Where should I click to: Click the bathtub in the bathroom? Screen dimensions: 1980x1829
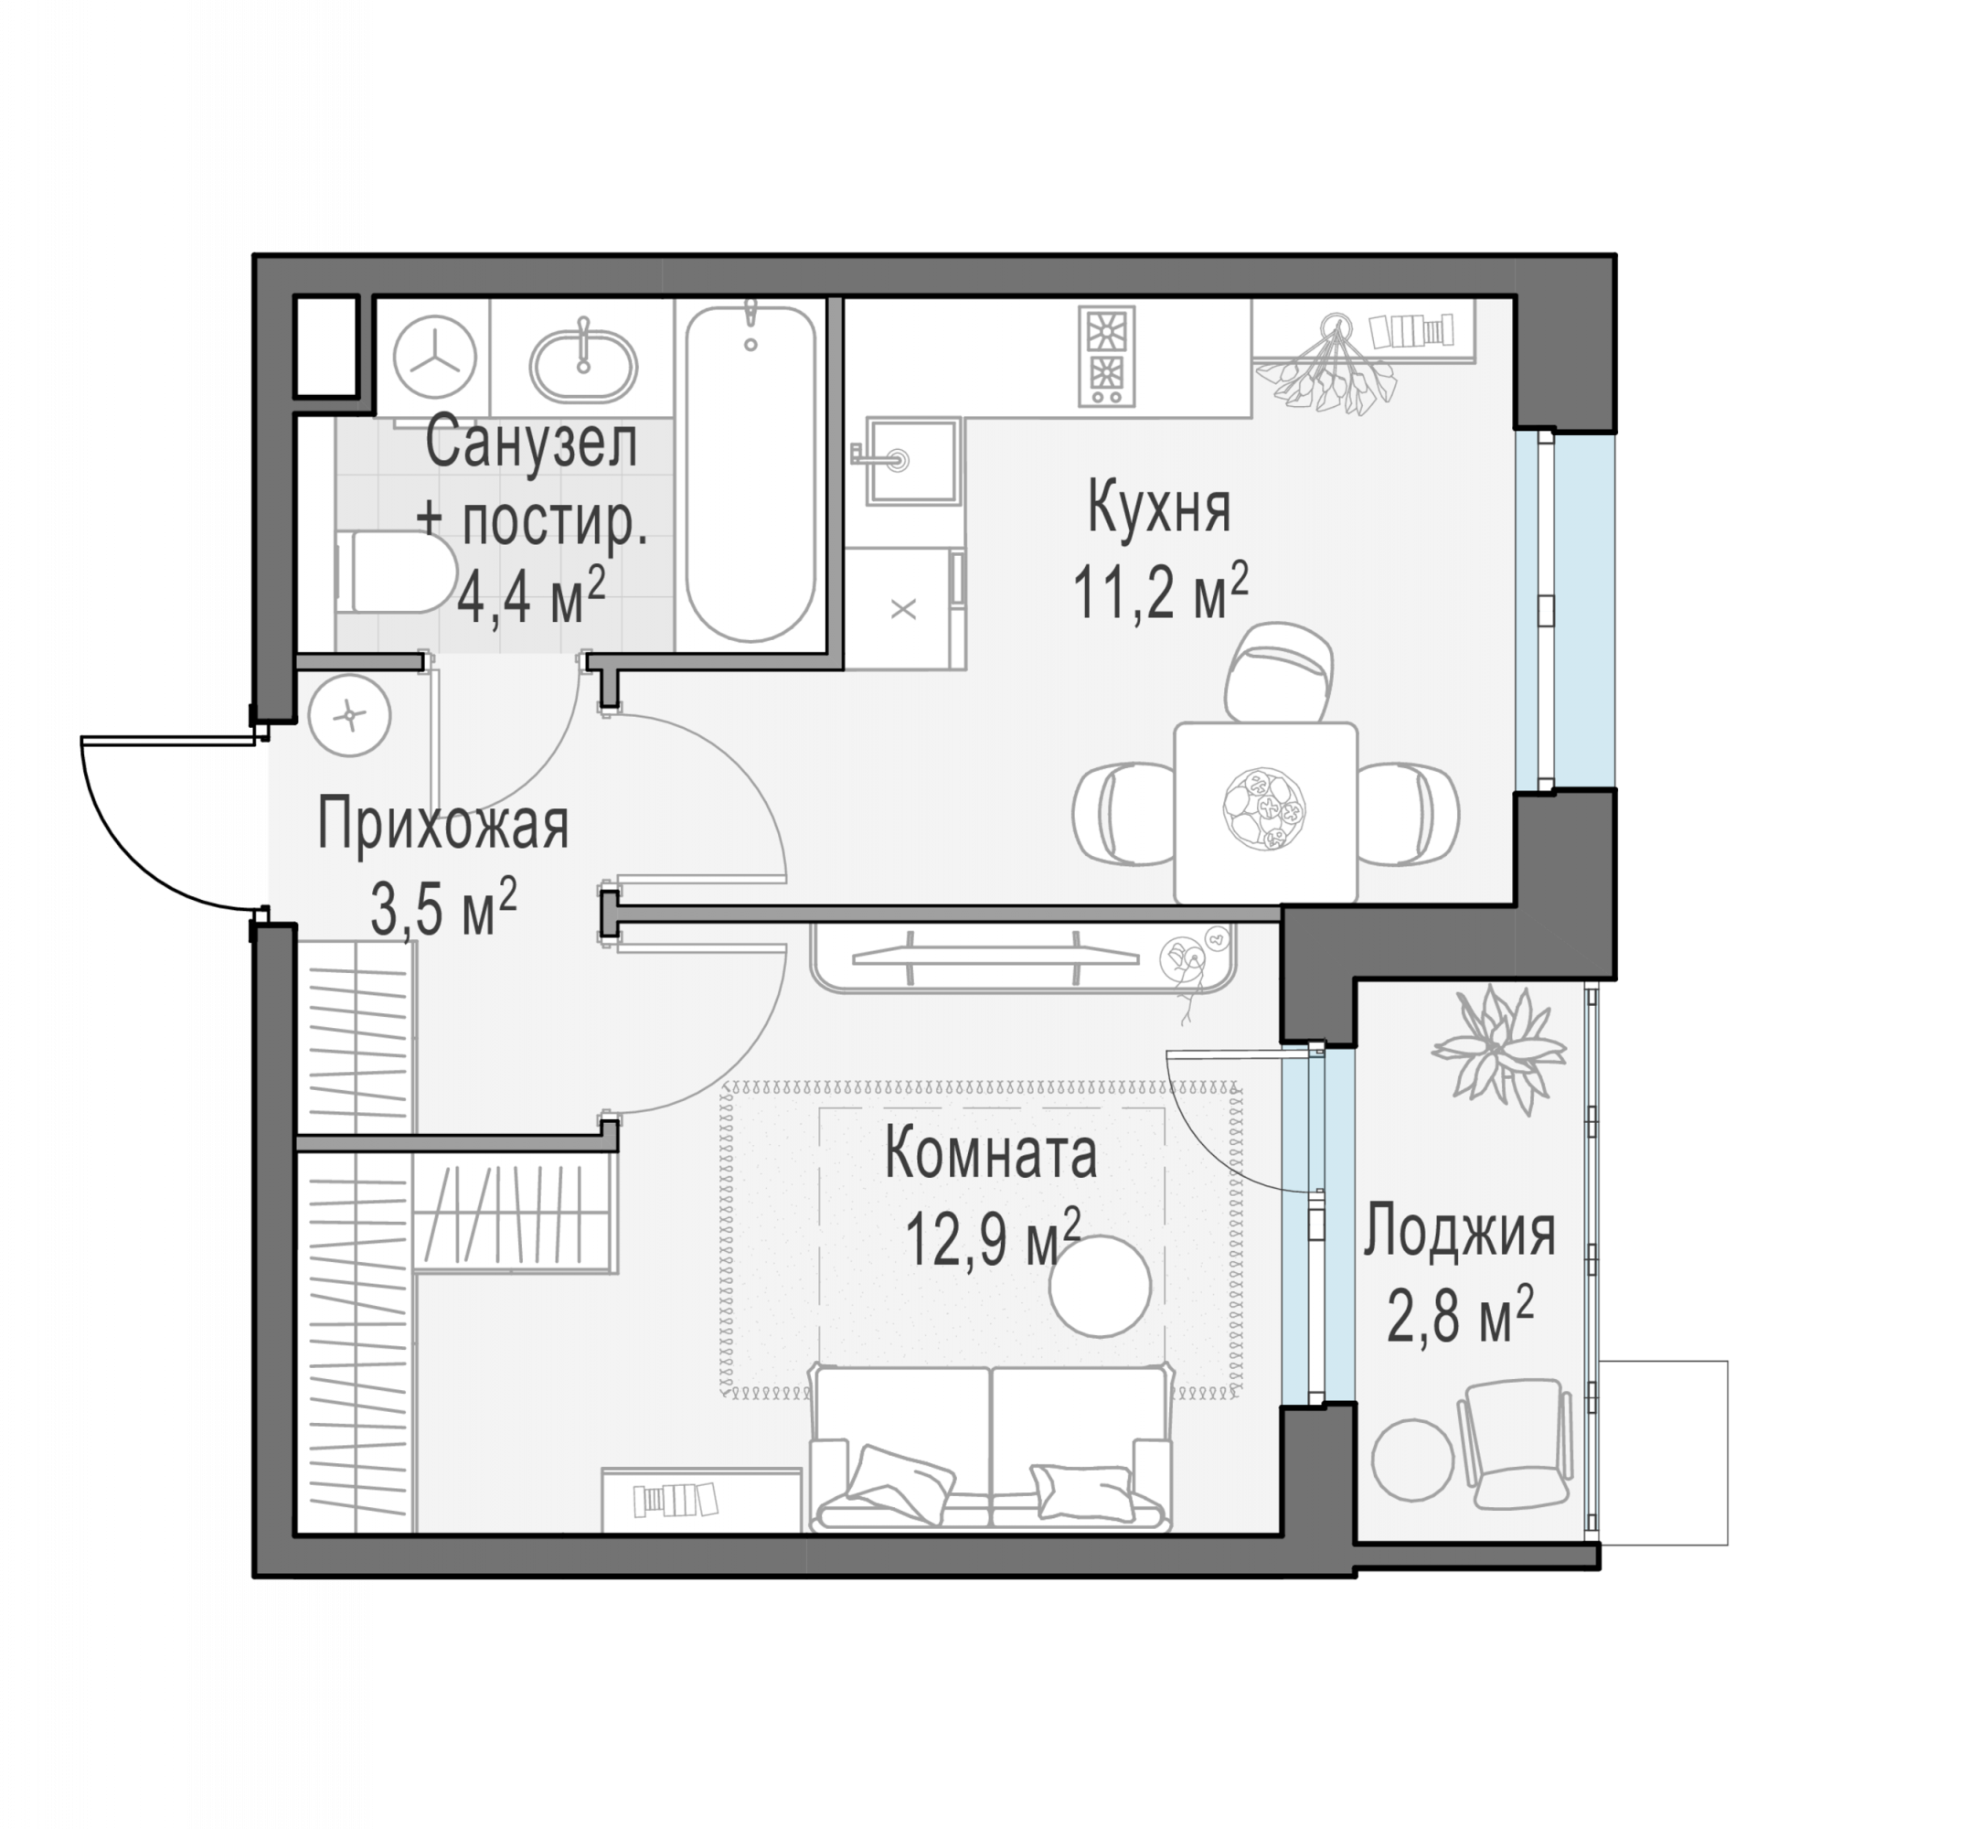[x=751, y=473]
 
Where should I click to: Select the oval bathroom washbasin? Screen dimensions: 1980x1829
[x=584, y=362]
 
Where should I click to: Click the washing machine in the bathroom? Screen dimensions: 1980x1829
[x=434, y=358]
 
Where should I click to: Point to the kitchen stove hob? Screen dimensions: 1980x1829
[x=1105, y=357]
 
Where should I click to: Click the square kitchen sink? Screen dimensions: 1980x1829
[x=913, y=460]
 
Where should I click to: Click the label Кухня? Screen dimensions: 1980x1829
[x=1159, y=508]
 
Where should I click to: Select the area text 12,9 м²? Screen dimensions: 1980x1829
[x=993, y=1237]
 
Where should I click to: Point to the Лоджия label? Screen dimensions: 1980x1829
[x=1460, y=1232]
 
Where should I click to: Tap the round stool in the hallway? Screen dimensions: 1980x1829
[x=349, y=714]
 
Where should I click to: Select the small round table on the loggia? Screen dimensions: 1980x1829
[x=1413, y=1460]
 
